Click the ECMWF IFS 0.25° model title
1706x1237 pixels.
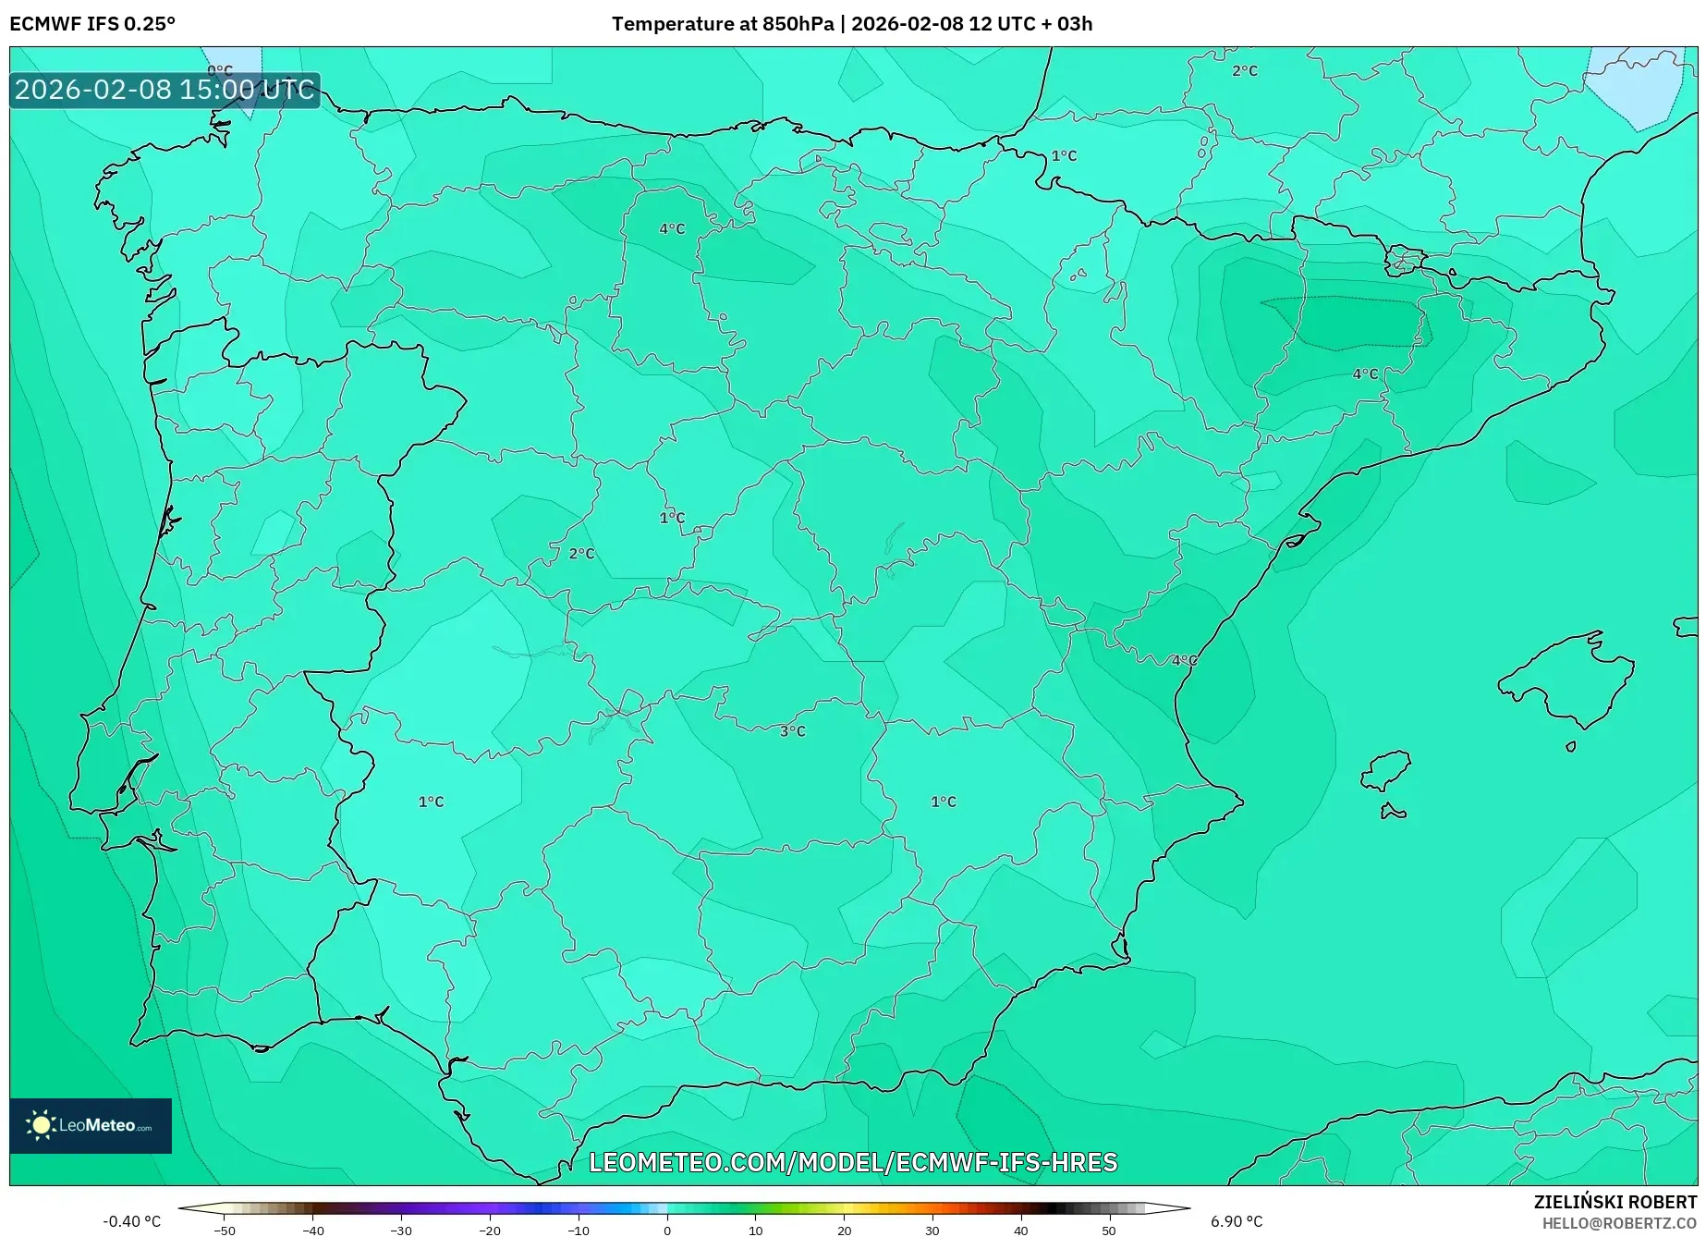click(92, 24)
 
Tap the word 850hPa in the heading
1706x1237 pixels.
click(798, 24)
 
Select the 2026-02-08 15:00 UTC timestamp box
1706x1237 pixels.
click(165, 90)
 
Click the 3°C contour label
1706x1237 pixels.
click(792, 731)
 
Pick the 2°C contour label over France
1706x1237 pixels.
click(1244, 70)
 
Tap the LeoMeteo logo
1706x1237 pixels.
click(91, 1125)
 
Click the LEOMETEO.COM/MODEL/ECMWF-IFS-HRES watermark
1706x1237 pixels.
click(853, 1162)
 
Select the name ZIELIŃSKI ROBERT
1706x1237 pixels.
click(1615, 1202)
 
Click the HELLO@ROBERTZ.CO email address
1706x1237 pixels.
click(1618, 1223)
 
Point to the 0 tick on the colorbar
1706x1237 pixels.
click(667, 1230)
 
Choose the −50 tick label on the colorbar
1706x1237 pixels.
click(225, 1231)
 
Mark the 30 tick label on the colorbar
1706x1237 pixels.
click(932, 1231)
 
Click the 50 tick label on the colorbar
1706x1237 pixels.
click(1109, 1231)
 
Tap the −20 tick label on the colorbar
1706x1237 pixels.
click(490, 1231)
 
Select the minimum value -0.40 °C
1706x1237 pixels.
click(131, 1221)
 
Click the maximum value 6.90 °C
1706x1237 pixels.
click(1237, 1221)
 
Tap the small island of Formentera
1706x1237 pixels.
click(1393, 813)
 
